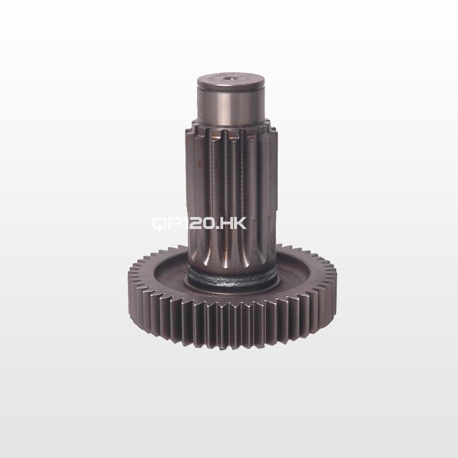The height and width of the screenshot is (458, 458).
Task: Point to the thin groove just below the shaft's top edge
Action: tap(231, 87)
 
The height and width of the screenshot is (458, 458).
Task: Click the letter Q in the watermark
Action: tap(159, 224)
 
